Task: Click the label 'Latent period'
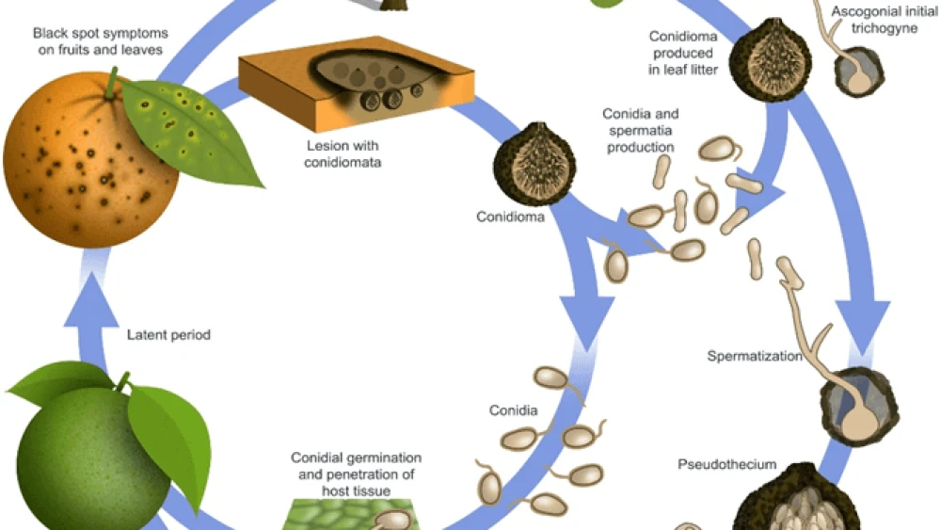pyautogui.click(x=168, y=334)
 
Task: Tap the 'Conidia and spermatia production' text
pyautogui.click(x=640, y=131)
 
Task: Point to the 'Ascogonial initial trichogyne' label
pyautogui.click(x=874, y=20)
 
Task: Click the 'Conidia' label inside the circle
pyautogui.click(x=513, y=411)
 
